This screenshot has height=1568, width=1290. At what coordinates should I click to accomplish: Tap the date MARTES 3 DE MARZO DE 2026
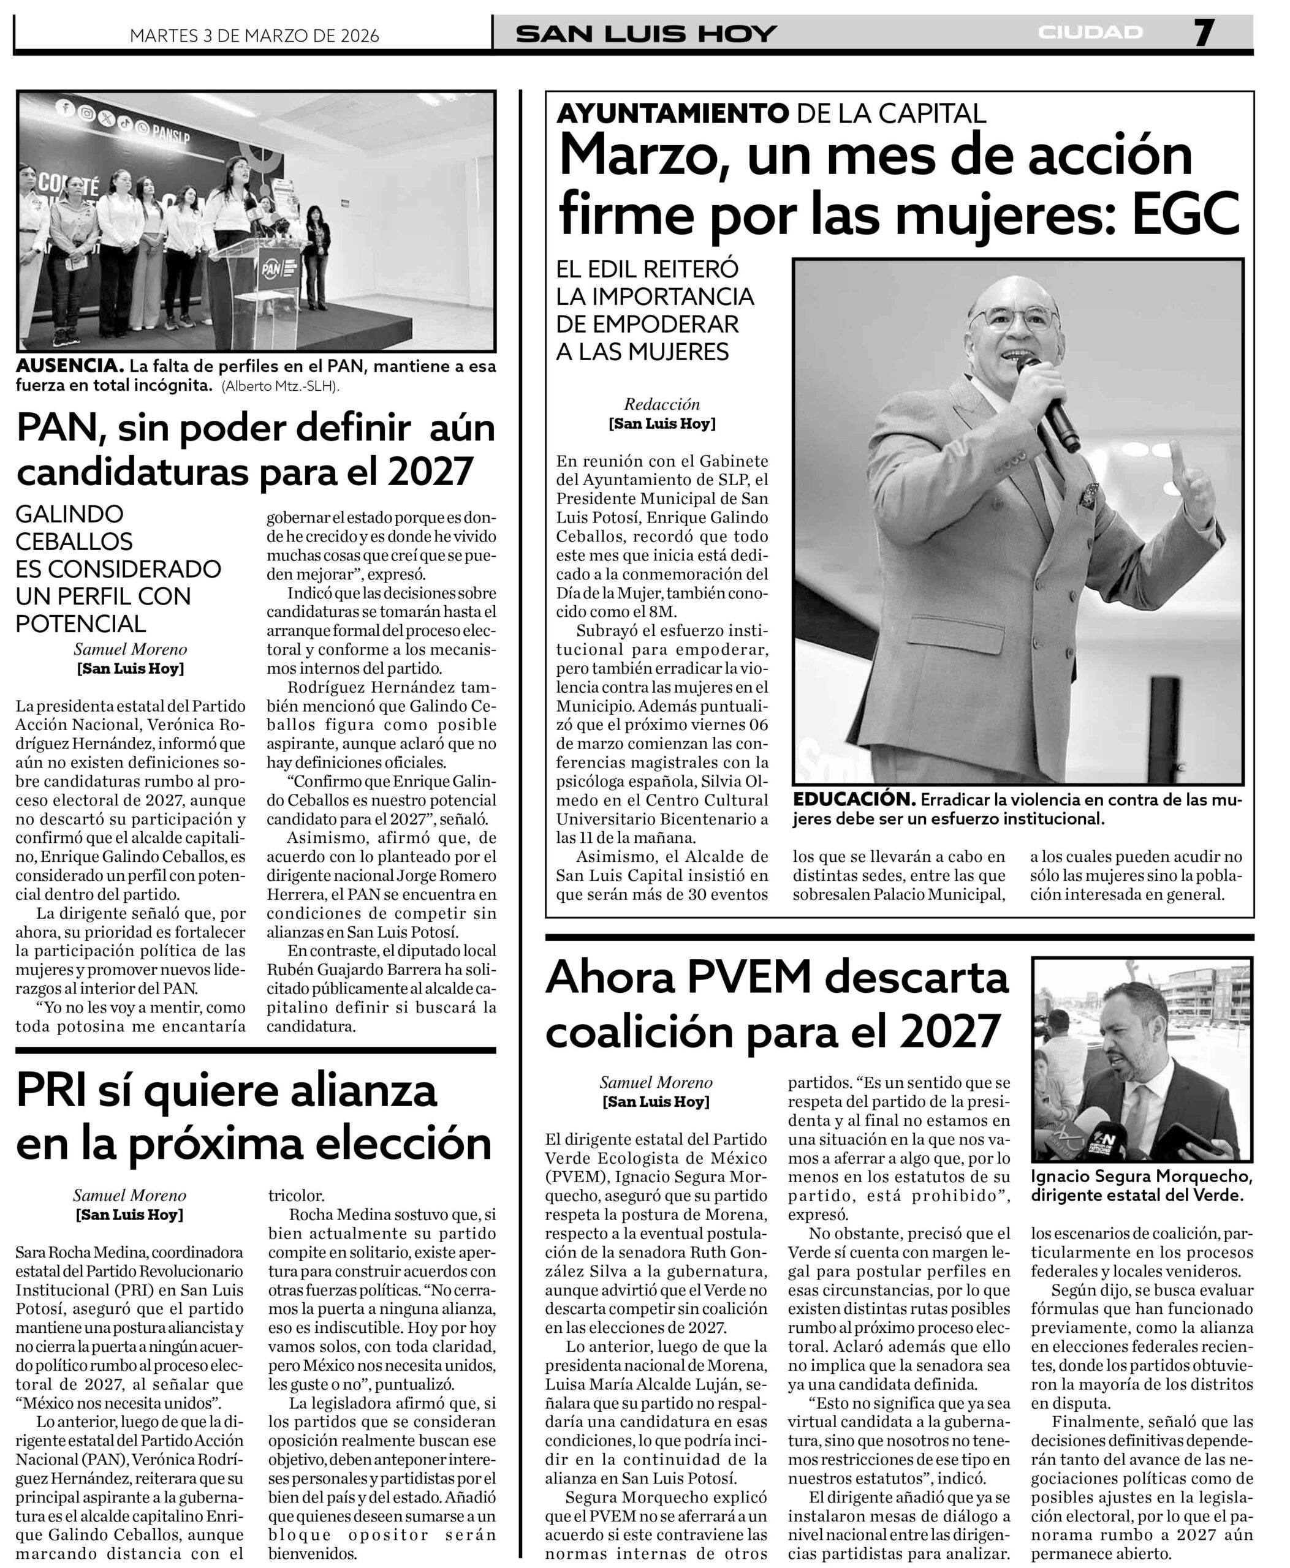coord(254,36)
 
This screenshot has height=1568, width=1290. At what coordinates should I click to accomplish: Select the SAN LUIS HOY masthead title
coord(646,34)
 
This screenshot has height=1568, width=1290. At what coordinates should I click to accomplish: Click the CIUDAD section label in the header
coord(1090,32)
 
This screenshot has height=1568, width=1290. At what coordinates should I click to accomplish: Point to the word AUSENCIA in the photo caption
coord(69,366)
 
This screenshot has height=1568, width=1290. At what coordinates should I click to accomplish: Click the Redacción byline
coord(662,405)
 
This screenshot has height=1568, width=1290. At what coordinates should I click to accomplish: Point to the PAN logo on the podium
coord(270,269)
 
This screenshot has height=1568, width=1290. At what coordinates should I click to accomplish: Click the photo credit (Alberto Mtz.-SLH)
coord(280,386)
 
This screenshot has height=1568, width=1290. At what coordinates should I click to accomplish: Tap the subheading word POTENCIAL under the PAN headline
coord(81,624)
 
